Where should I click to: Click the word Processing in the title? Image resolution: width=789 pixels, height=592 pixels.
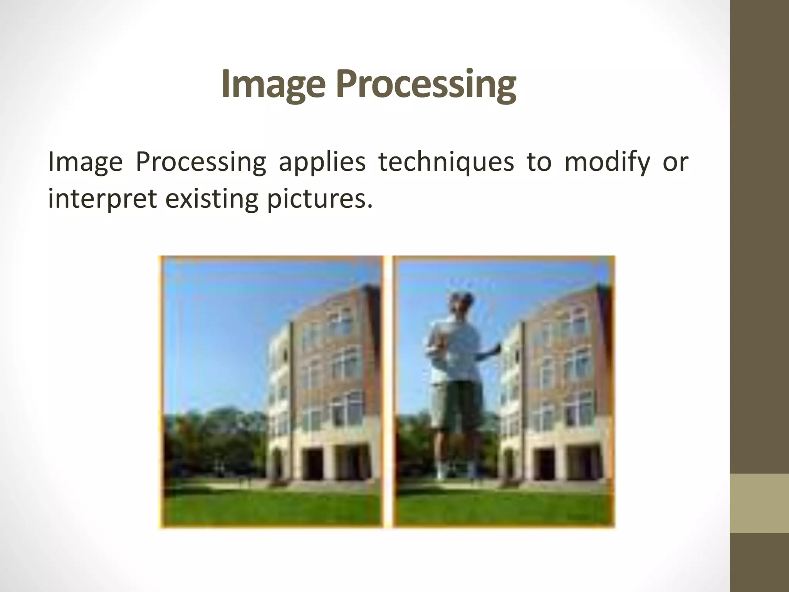click(426, 85)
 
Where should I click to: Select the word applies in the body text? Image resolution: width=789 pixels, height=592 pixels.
click(322, 162)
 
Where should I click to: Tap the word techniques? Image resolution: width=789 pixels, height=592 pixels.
click(446, 162)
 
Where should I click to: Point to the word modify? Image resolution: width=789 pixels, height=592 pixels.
click(607, 162)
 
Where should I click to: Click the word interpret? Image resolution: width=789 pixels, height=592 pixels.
click(102, 199)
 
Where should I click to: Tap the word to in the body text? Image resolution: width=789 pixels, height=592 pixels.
click(539, 162)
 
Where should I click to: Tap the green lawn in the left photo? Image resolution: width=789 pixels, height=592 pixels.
click(270, 505)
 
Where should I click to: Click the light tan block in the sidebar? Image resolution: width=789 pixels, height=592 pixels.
click(759, 503)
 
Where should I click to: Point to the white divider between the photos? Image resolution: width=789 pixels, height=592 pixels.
click(388, 389)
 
